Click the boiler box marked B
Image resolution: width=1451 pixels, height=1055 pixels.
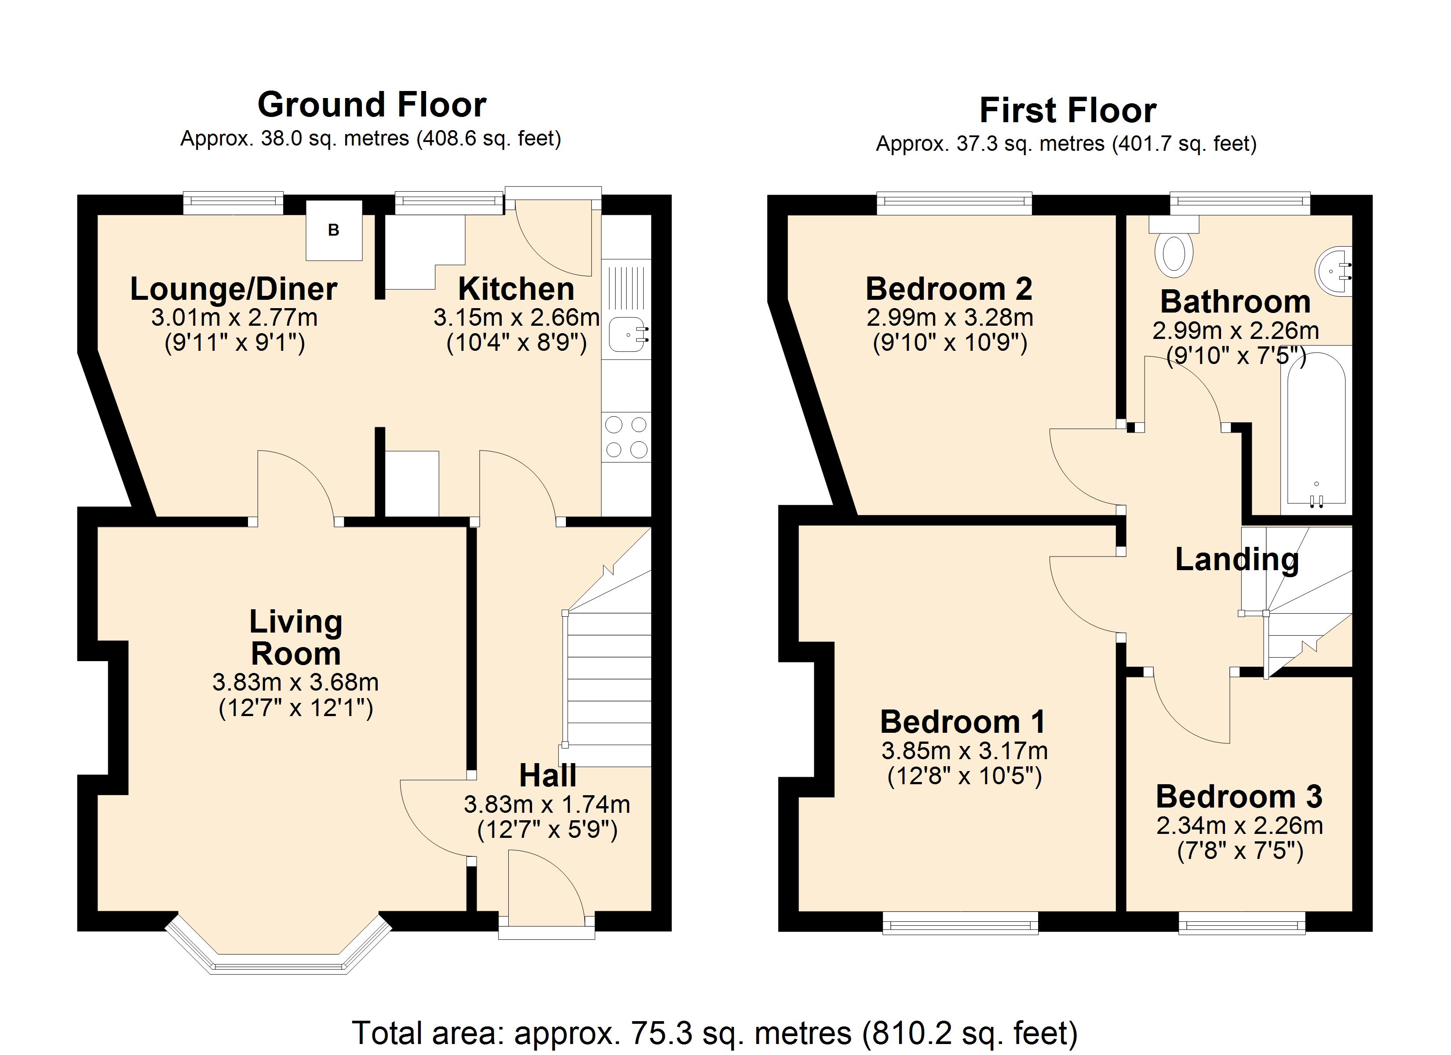point(333,230)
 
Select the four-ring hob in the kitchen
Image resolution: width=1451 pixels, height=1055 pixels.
point(626,438)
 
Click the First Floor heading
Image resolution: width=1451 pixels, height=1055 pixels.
point(1067,110)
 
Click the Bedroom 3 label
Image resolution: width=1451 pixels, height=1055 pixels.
point(1239,797)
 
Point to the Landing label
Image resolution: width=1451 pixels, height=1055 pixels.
point(1237,560)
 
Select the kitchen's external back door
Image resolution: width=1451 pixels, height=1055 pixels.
point(554,233)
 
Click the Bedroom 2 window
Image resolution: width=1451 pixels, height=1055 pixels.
point(954,204)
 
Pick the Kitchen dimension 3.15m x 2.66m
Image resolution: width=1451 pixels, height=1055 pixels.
point(516,318)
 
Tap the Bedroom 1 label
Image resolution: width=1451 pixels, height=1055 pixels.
point(963,722)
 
